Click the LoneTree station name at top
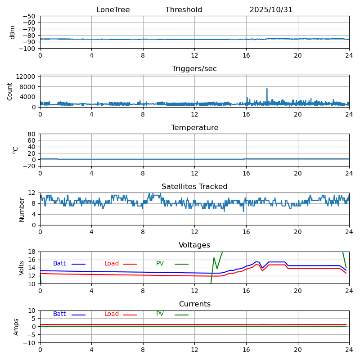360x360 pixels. click(113, 10)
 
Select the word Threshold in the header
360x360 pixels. click(184, 10)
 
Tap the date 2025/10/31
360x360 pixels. click(271, 10)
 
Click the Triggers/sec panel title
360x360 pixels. click(194, 69)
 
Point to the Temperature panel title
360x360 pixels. click(194, 128)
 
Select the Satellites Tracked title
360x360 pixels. click(194, 187)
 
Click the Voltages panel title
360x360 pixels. click(194, 245)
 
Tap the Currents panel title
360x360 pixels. click(194, 304)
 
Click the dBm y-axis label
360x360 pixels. click(13, 32)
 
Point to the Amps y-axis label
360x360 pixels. click(16, 327)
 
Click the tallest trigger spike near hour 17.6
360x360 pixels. click(267, 89)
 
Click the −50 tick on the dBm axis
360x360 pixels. click(29, 16)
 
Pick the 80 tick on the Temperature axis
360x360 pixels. click(31, 134)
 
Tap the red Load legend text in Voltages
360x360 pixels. click(112, 264)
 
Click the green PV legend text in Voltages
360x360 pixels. click(160, 264)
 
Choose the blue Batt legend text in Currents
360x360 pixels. click(59, 314)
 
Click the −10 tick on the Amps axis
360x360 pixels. click(29, 343)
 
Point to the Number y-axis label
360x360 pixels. click(22, 209)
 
